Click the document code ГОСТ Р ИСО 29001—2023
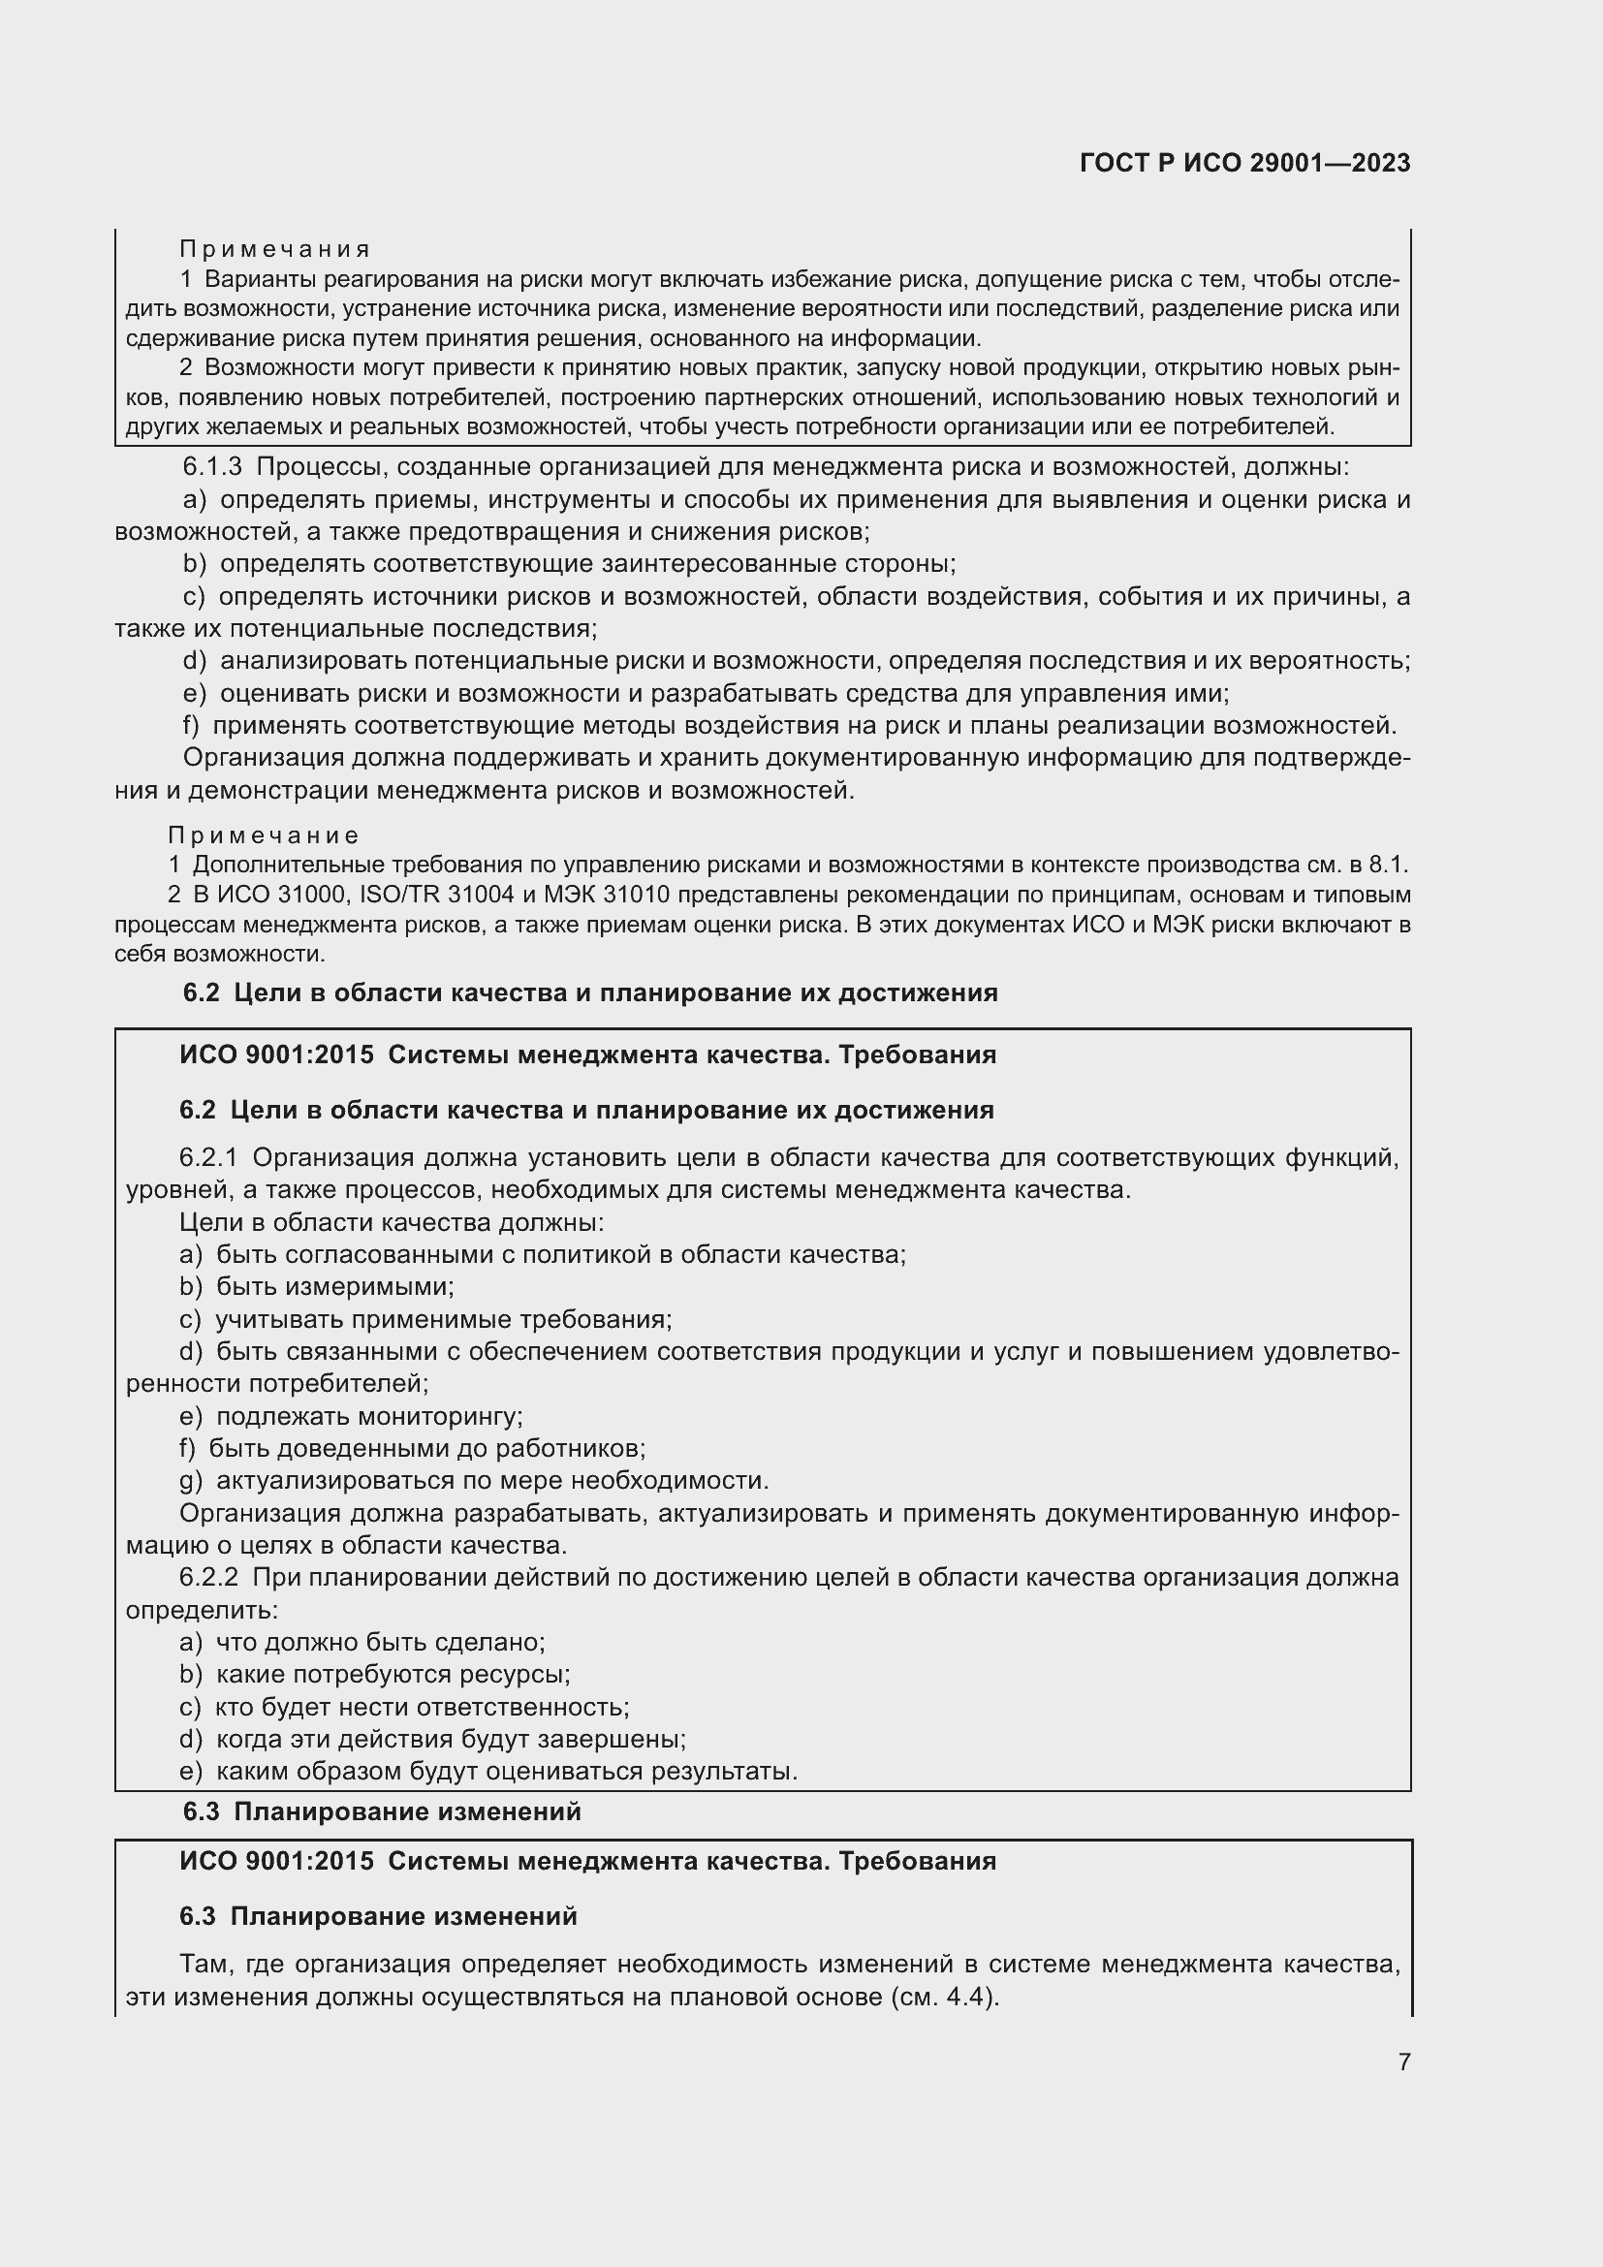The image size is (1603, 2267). point(1244,163)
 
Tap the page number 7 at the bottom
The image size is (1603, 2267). point(1403,2062)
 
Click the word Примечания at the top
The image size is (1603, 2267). point(274,249)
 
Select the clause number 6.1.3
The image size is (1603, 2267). point(212,467)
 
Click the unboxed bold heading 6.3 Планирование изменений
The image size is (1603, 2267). point(382,1811)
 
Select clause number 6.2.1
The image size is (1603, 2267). point(208,1157)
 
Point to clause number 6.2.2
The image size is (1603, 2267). point(208,1577)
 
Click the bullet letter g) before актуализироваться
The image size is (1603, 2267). point(191,1480)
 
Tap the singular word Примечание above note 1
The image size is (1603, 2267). point(264,836)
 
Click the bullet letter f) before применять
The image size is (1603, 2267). point(192,726)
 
